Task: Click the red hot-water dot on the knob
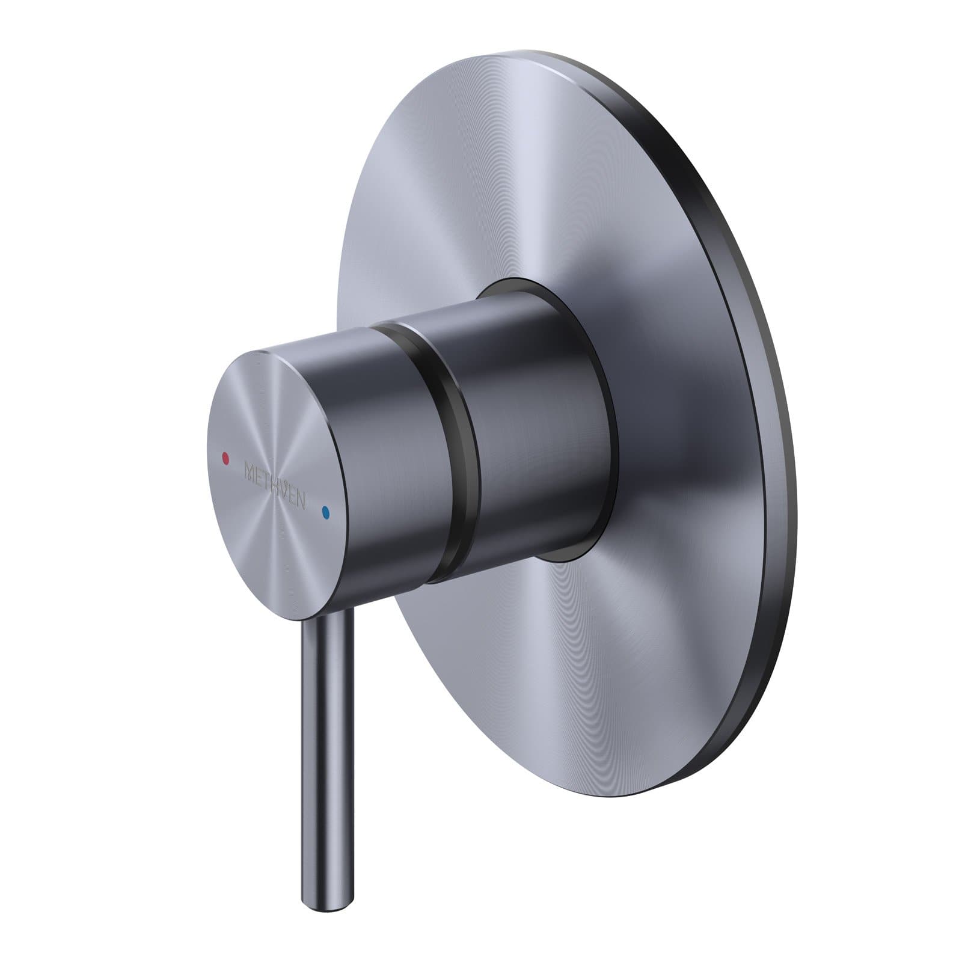click(x=225, y=458)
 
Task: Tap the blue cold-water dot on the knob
click(x=326, y=513)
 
